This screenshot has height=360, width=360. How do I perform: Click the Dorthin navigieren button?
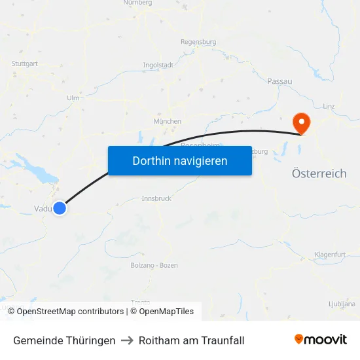click(x=179, y=160)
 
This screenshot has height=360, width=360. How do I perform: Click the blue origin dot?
click(x=60, y=208)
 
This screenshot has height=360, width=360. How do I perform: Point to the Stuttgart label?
click(x=24, y=63)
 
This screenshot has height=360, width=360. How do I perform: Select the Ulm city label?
click(x=73, y=98)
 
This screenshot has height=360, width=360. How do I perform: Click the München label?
click(x=167, y=121)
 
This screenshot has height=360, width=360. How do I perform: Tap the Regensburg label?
click(x=198, y=42)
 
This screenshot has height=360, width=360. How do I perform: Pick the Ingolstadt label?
click(x=158, y=65)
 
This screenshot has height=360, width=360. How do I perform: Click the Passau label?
click(x=279, y=81)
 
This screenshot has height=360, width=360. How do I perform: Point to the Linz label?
click(x=329, y=105)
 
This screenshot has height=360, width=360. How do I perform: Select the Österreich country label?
click(x=319, y=173)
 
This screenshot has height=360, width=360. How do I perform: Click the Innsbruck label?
click(x=156, y=198)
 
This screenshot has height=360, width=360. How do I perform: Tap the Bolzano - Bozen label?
click(x=154, y=264)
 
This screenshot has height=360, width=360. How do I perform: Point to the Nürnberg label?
click(x=137, y=3)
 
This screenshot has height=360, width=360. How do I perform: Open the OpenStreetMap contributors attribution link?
click(x=70, y=312)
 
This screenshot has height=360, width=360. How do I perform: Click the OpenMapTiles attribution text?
click(x=166, y=312)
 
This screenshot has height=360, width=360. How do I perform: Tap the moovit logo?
click(x=321, y=340)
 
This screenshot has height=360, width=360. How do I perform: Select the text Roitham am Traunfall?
click(x=191, y=340)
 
